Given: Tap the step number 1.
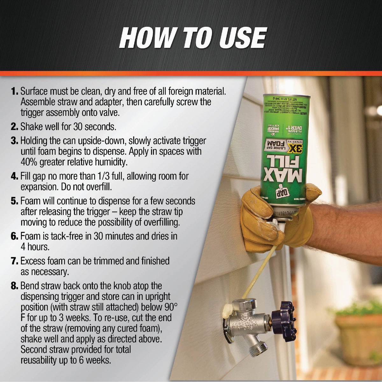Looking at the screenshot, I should tap(15, 92).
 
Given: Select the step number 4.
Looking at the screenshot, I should tap(15, 176).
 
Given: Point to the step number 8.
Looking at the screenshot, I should tap(15, 286).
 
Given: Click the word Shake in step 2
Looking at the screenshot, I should tap(32, 127).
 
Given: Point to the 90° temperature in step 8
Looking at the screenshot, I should tap(170, 307).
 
